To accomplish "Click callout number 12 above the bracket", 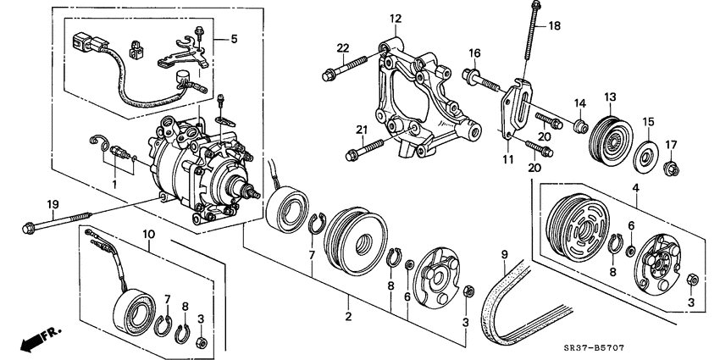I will click(x=395, y=19).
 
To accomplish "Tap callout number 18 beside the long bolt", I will click(x=554, y=26).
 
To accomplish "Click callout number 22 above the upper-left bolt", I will click(x=342, y=47).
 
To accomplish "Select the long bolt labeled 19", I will click(x=59, y=223).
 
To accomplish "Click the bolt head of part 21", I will click(x=352, y=155).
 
